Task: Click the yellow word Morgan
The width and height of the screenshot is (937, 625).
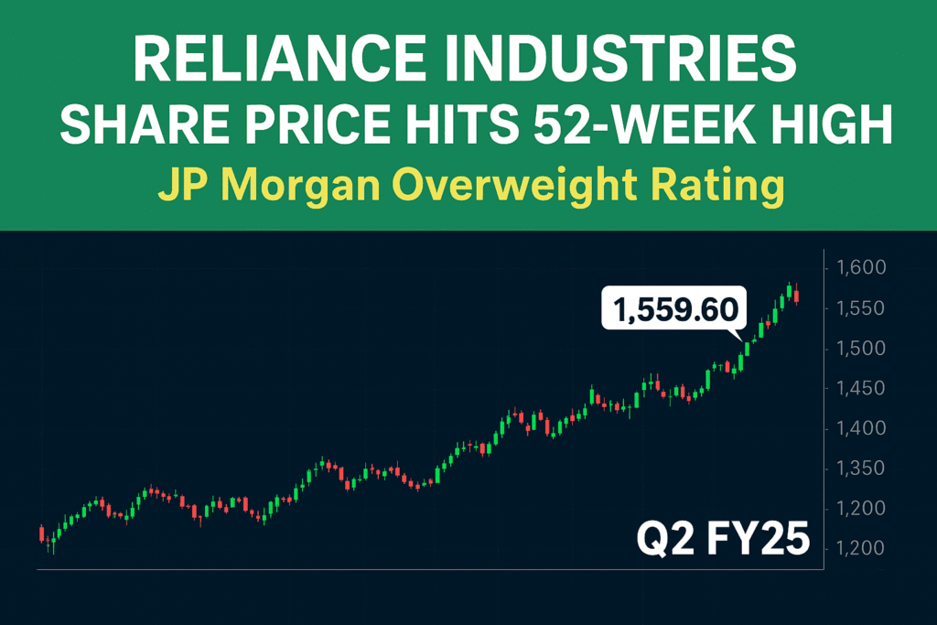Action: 307,188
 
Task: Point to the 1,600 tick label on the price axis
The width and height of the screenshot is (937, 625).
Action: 861,268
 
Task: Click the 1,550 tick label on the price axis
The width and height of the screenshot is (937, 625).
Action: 861,308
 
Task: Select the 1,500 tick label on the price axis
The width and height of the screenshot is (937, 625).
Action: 861,349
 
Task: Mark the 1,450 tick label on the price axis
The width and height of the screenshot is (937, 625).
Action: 861,389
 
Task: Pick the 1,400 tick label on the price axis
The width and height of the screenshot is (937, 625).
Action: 861,428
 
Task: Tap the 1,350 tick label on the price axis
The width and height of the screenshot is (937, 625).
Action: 861,469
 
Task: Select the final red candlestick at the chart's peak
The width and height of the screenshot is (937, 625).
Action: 797,295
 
